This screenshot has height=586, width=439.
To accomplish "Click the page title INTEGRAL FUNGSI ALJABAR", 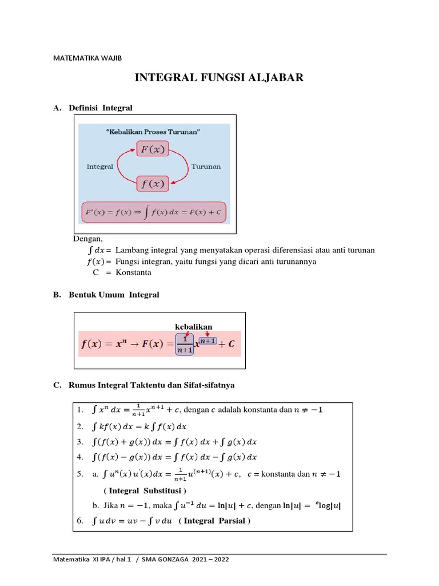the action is tap(219, 78).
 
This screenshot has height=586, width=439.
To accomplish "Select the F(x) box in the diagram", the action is tap(152, 150).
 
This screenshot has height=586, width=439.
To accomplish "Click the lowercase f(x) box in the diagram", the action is tap(152, 184).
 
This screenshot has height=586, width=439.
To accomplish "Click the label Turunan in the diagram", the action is tap(206, 167).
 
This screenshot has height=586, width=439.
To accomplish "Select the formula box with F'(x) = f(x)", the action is tap(154, 212).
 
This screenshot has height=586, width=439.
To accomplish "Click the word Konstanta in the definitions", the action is tap(133, 272).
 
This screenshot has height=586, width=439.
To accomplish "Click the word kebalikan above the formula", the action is tap(194, 327).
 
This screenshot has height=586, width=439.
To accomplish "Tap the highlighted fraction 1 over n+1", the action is tap(185, 346).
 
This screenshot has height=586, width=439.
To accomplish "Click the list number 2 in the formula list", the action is tap(79, 426).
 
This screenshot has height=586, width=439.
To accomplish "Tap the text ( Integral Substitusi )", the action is tap(145, 490).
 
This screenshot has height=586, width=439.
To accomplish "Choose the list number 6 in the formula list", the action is tap(79, 520).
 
